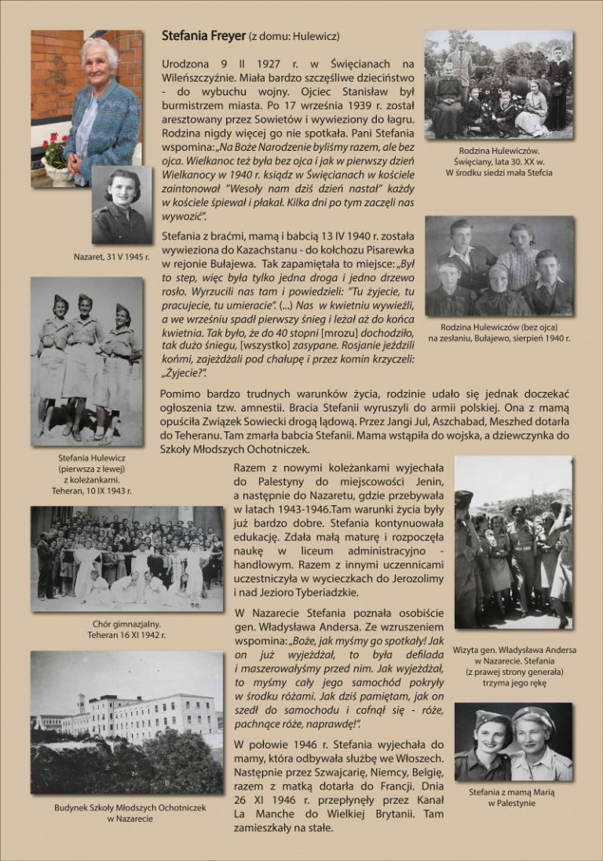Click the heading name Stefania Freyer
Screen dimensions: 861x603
coord(203,36)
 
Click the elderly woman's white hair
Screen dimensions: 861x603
coord(100,51)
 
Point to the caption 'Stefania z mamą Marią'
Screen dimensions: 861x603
coord(512,792)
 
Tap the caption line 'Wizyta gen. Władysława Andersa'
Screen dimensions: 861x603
coord(514,650)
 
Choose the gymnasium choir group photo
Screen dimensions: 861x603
coord(127,559)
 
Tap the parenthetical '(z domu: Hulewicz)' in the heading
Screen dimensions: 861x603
coord(294,37)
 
